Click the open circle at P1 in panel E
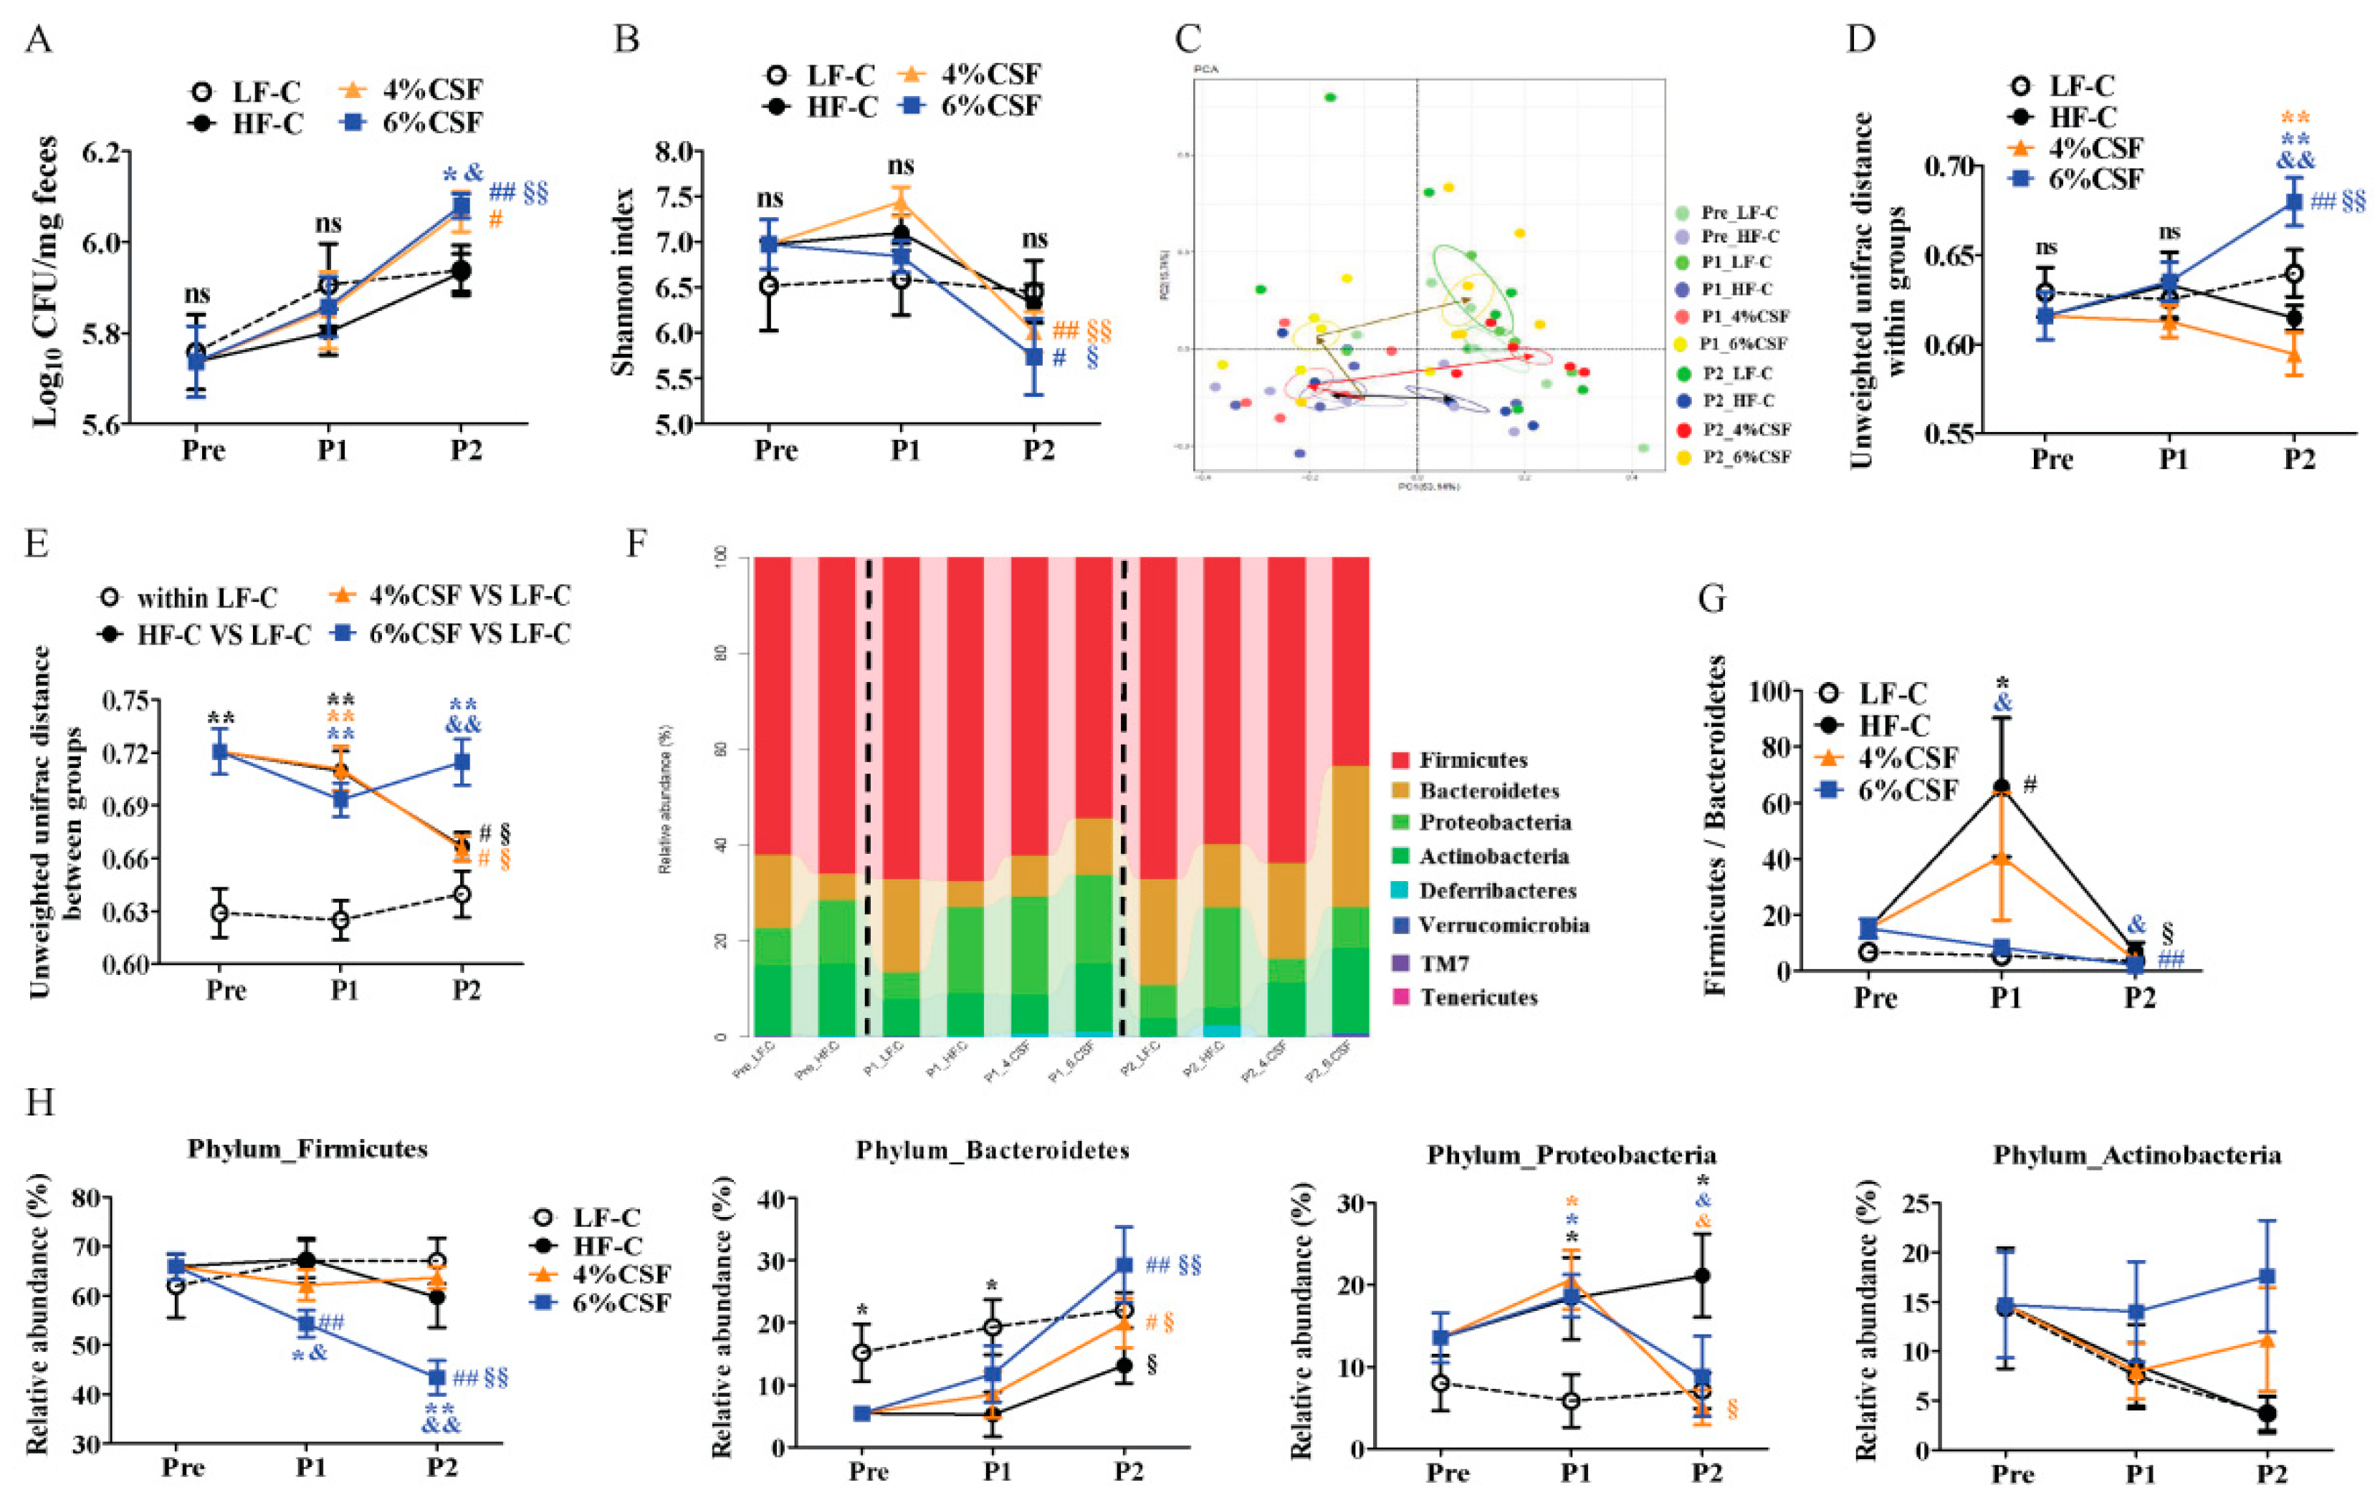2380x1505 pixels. coord(341,920)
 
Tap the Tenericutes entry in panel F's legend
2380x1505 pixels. coord(1478,997)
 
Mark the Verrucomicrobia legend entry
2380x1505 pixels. coord(1504,925)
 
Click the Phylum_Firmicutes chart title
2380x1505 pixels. coord(307,1149)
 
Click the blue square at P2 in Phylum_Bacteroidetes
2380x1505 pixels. coord(1124,1265)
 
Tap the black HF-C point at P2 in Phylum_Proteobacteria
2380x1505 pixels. coord(1701,1276)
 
